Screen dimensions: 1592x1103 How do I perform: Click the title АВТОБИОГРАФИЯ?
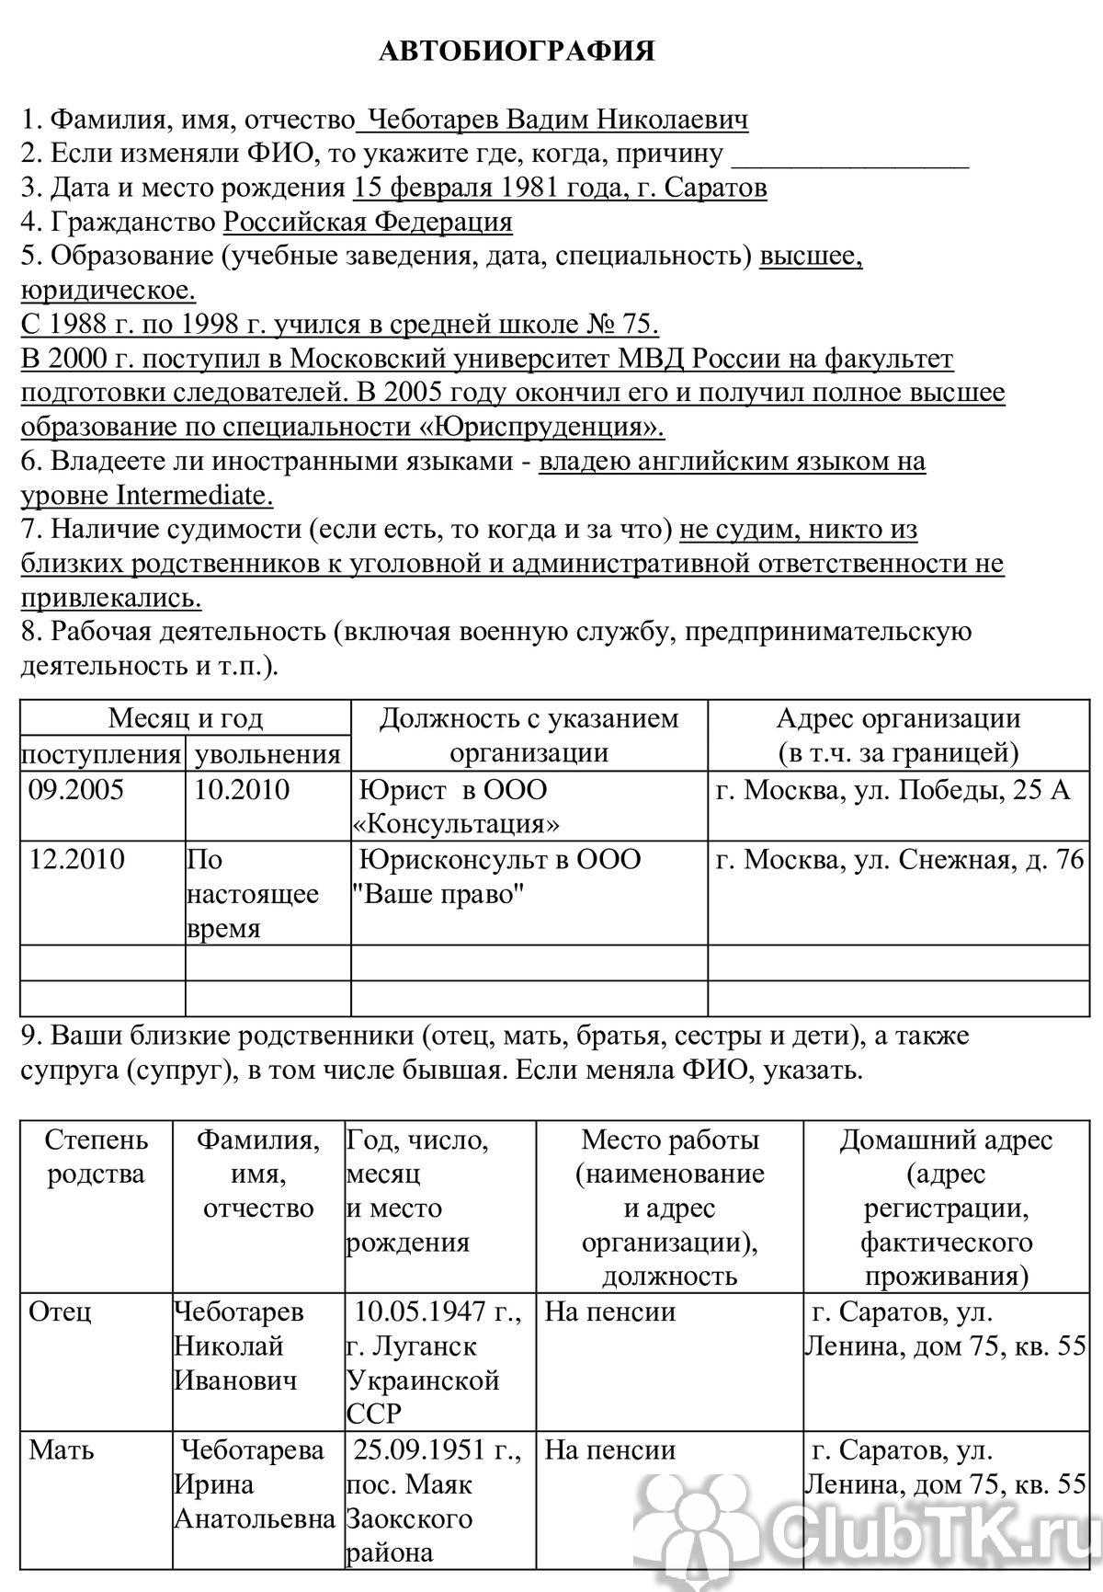(x=517, y=52)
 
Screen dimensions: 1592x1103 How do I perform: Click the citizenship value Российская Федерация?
(x=368, y=223)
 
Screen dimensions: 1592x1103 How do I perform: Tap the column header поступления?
(x=101, y=755)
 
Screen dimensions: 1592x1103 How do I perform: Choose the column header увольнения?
(x=267, y=755)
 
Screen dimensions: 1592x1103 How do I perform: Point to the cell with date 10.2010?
(x=242, y=790)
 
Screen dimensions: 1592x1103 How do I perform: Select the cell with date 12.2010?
(x=77, y=860)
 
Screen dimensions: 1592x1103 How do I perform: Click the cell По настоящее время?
(x=253, y=894)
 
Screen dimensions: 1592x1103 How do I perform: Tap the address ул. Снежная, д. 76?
(x=962, y=860)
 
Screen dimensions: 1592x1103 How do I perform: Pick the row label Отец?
(x=60, y=1311)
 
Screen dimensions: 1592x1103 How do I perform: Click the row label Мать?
(x=62, y=1450)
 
